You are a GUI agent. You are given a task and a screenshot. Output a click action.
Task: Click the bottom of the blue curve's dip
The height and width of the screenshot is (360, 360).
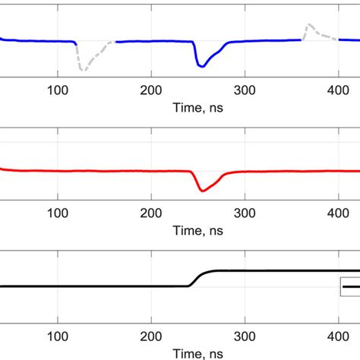click(x=201, y=67)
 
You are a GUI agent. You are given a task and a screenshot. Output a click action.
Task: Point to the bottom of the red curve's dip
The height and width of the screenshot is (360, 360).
click(x=201, y=191)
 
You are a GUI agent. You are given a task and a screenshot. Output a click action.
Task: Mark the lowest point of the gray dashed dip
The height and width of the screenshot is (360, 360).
click(x=83, y=71)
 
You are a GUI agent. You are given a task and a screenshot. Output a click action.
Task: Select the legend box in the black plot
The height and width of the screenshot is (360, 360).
click(x=350, y=286)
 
